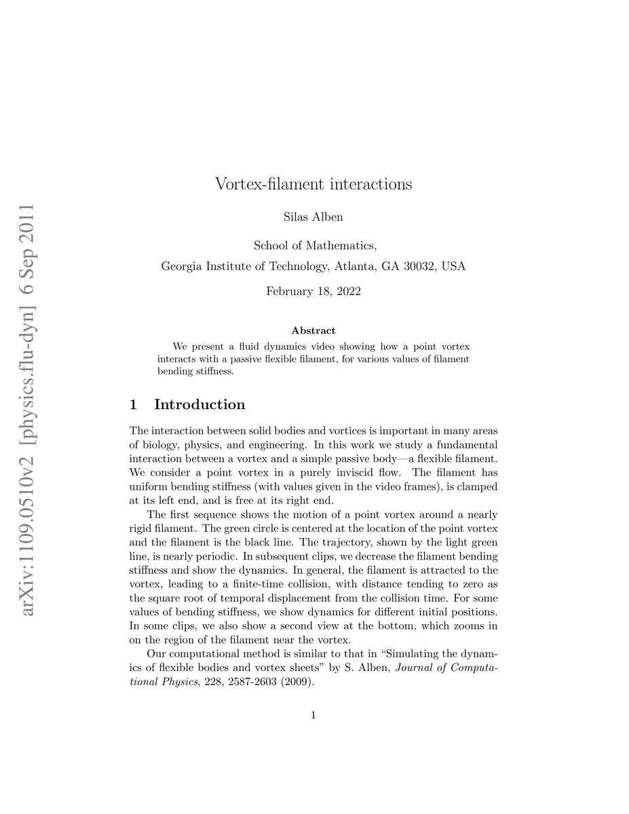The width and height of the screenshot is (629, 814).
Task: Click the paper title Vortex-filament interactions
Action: pyautogui.click(x=313, y=184)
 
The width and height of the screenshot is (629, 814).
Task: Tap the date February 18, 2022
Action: pyautogui.click(x=313, y=292)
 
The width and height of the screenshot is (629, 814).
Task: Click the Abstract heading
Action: pyautogui.click(x=313, y=331)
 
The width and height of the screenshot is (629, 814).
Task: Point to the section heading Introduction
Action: pyautogui.click(x=199, y=405)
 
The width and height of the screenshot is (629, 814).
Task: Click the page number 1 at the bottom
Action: pyautogui.click(x=313, y=714)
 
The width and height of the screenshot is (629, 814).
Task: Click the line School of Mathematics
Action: pyautogui.click(x=313, y=246)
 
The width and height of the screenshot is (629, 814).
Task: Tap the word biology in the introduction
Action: pyautogui.click(x=161, y=445)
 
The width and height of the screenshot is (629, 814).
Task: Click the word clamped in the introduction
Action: pyautogui.click(x=477, y=486)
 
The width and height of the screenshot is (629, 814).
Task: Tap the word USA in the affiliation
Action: pyautogui.click(x=453, y=267)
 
